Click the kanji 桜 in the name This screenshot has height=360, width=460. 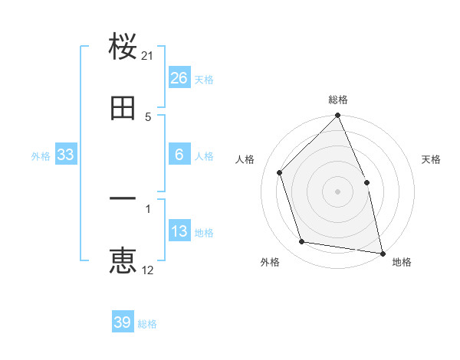(123, 47)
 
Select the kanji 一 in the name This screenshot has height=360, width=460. (123, 199)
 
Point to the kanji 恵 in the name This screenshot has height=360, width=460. (123, 261)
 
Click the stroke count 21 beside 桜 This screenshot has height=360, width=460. (148, 56)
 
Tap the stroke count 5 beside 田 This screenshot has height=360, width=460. (148, 116)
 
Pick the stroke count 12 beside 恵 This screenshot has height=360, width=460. (148, 270)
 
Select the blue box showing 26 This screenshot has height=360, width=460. (179, 78)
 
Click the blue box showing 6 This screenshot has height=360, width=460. (179, 155)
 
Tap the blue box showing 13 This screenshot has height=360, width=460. (179, 231)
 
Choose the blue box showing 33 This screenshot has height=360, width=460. (66, 155)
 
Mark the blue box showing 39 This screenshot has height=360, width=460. (123, 322)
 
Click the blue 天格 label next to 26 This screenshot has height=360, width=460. (204, 79)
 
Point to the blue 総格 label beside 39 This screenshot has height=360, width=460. (147, 324)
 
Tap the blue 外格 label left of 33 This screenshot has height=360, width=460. (41, 155)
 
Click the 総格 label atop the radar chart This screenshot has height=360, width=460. (338, 100)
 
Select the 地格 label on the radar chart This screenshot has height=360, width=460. (402, 262)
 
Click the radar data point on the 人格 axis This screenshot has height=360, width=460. (280, 172)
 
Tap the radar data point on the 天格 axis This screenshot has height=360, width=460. (366, 182)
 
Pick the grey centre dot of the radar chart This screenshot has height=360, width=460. (338, 191)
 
